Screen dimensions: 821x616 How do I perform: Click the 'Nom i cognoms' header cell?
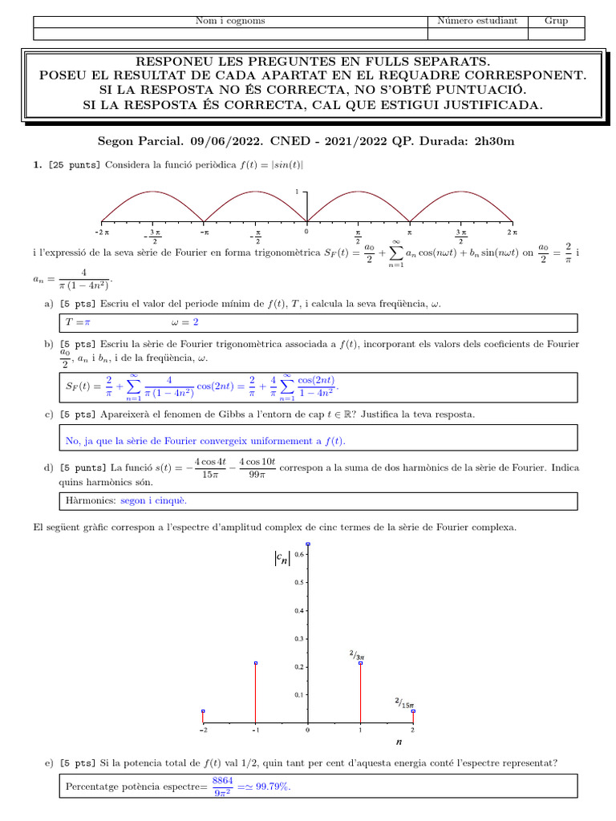click(x=230, y=21)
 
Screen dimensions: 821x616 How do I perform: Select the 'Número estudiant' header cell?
click(x=477, y=21)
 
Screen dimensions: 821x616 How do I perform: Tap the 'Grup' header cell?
click(x=556, y=21)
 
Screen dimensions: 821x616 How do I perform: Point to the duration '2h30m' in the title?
click(x=494, y=142)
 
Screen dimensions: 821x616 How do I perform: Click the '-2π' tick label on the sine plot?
click(x=101, y=231)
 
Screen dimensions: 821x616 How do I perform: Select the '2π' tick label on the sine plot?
click(x=512, y=231)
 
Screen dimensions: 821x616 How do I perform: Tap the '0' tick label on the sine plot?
click(x=306, y=231)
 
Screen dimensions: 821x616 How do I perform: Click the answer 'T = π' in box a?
click(x=78, y=322)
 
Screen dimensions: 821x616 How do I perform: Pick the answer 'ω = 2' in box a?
click(x=184, y=322)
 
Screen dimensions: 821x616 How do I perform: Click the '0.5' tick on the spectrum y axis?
click(x=298, y=582)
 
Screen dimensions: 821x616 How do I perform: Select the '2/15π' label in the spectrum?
click(x=404, y=703)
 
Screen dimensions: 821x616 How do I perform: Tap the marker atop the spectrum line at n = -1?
click(x=256, y=663)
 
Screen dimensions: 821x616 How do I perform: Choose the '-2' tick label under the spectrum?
click(x=203, y=731)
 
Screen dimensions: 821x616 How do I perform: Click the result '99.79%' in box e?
click(x=270, y=787)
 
